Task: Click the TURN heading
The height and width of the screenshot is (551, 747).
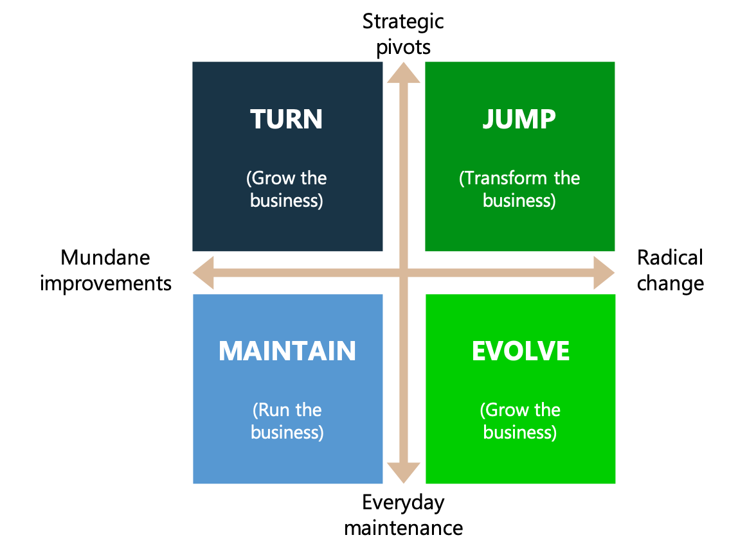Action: click(x=286, y=119)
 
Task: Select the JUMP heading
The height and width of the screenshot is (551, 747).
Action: click(x=519, y=119)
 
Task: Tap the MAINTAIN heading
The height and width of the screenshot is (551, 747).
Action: click(x=287, y=351)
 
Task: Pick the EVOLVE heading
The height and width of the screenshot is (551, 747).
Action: click(x=521, y=351)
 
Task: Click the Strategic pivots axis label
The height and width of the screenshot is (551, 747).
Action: click(x=403, y=34)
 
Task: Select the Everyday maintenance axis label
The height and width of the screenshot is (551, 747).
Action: click(x=404, y=515)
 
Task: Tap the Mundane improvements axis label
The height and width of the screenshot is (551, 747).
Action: click(x=105, y=270)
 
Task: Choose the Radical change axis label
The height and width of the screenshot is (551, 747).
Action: click(x=670, y=270)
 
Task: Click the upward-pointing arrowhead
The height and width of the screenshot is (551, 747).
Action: click(x=404, y=73)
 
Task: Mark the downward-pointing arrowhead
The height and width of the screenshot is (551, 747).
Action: click(x=404, y=473)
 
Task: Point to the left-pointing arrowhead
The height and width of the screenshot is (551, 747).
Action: click(x=203, y=273)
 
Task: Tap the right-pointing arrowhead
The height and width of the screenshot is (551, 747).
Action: click(x=604, y=273)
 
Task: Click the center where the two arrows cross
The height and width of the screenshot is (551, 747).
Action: click(x=404, y=273)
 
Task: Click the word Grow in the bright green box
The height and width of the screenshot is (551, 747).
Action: click(x=505, y=410)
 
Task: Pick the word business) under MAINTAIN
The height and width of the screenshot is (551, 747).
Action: click(x=287, y=433)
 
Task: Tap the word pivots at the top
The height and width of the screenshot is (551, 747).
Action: click(x=403, y=48)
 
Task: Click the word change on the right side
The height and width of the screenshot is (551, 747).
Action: click(x=670, y=284)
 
